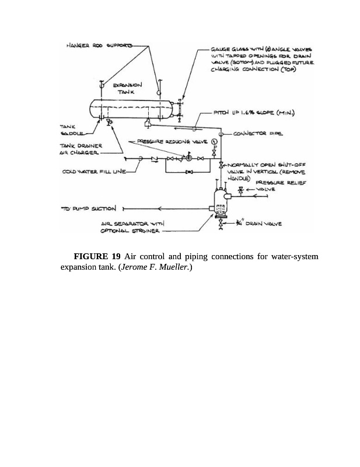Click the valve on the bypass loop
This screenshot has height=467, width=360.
(x=188, y=172)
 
